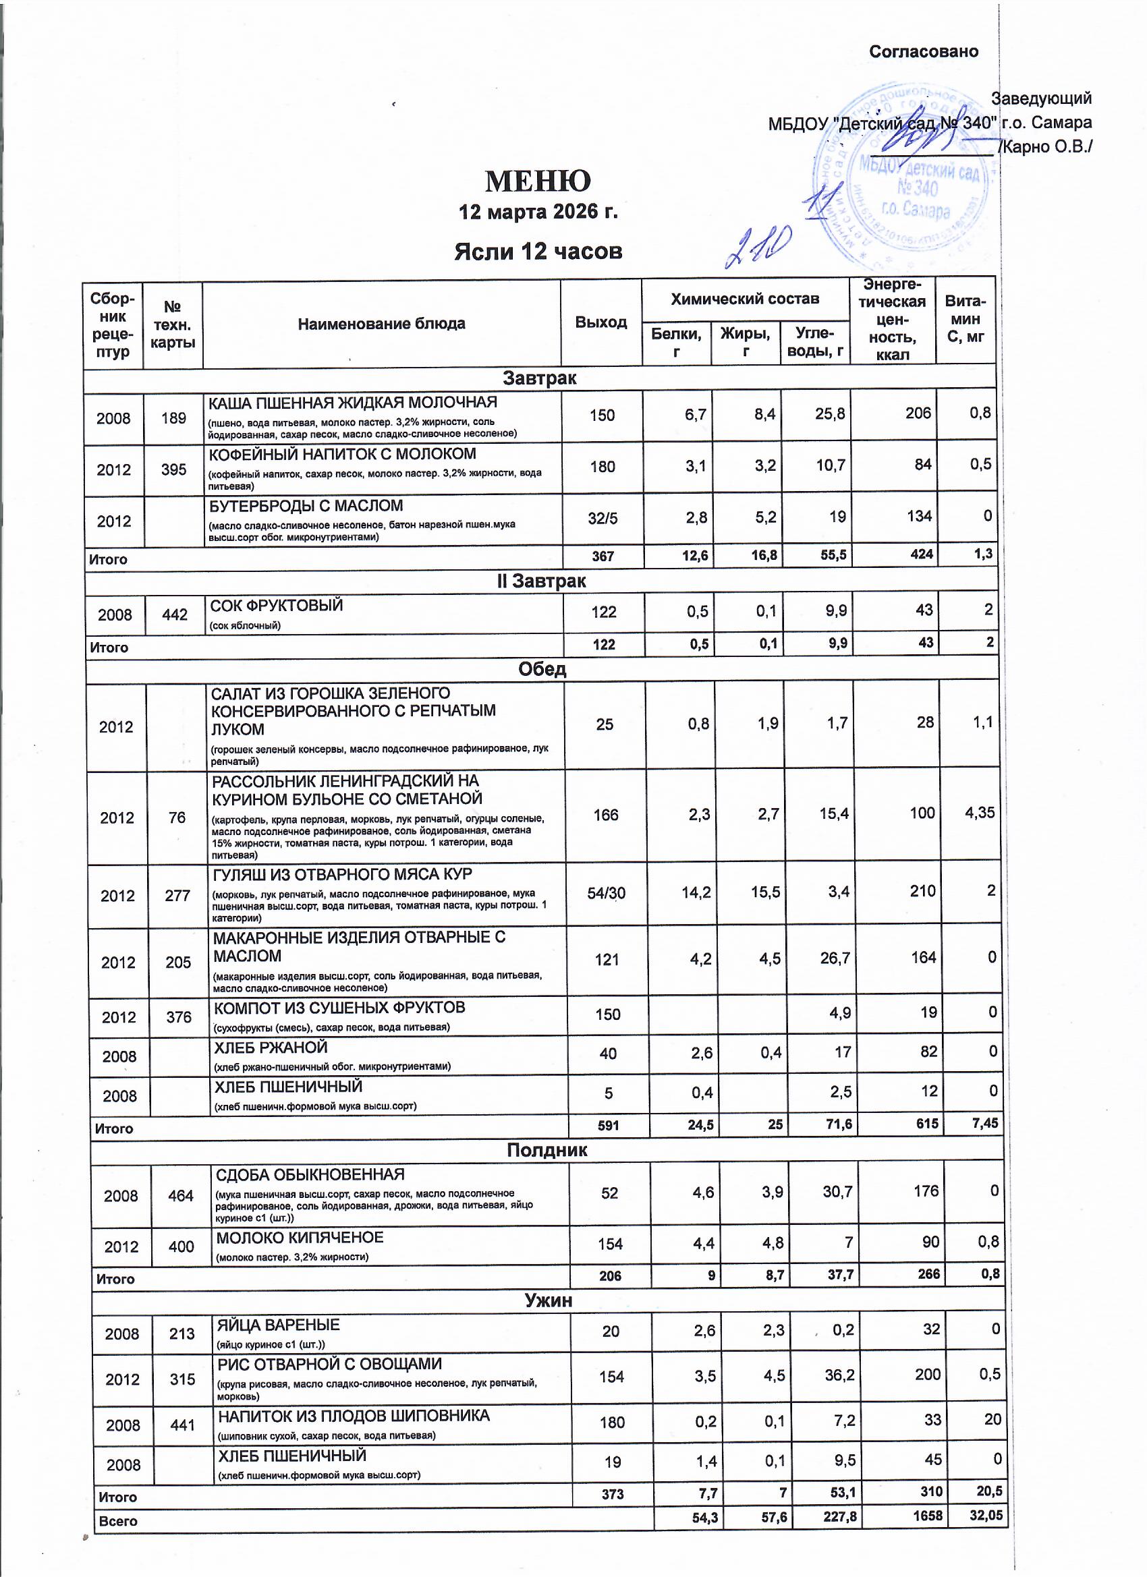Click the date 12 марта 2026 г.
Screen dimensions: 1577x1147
pyautogui.click(x=538, y=211)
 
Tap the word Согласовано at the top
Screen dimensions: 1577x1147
pyautogui.click(x=923, y=51)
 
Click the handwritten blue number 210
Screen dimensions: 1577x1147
pyautogui.click(x=758, y=247)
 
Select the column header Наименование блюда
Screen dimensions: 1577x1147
pyautogui.click(x=381, y=323)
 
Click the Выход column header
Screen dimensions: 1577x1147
pyautogui.click(x=600, y=322)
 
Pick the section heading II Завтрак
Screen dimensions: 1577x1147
pyautogui.click(x=540, y=581)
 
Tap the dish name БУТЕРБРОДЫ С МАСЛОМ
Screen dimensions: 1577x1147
pyautogui.click(x=306, y=505)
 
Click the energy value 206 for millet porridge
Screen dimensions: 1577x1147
pyautogui.click(x=918, y=413)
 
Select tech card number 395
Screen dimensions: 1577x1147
pyautogui.click(x=173, y=469)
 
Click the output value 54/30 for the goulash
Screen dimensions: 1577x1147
pyautogui.click(x=606, y=894)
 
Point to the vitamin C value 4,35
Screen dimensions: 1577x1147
pyautogui.click(x=980, y=812)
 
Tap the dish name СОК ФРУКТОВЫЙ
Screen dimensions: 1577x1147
pyautogui.click(x=277, y=606)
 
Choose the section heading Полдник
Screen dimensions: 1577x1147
pyautogui.click(x=547, y=1150)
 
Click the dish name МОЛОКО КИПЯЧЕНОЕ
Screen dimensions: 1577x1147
pyautogui.click(x=300, y=1238)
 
